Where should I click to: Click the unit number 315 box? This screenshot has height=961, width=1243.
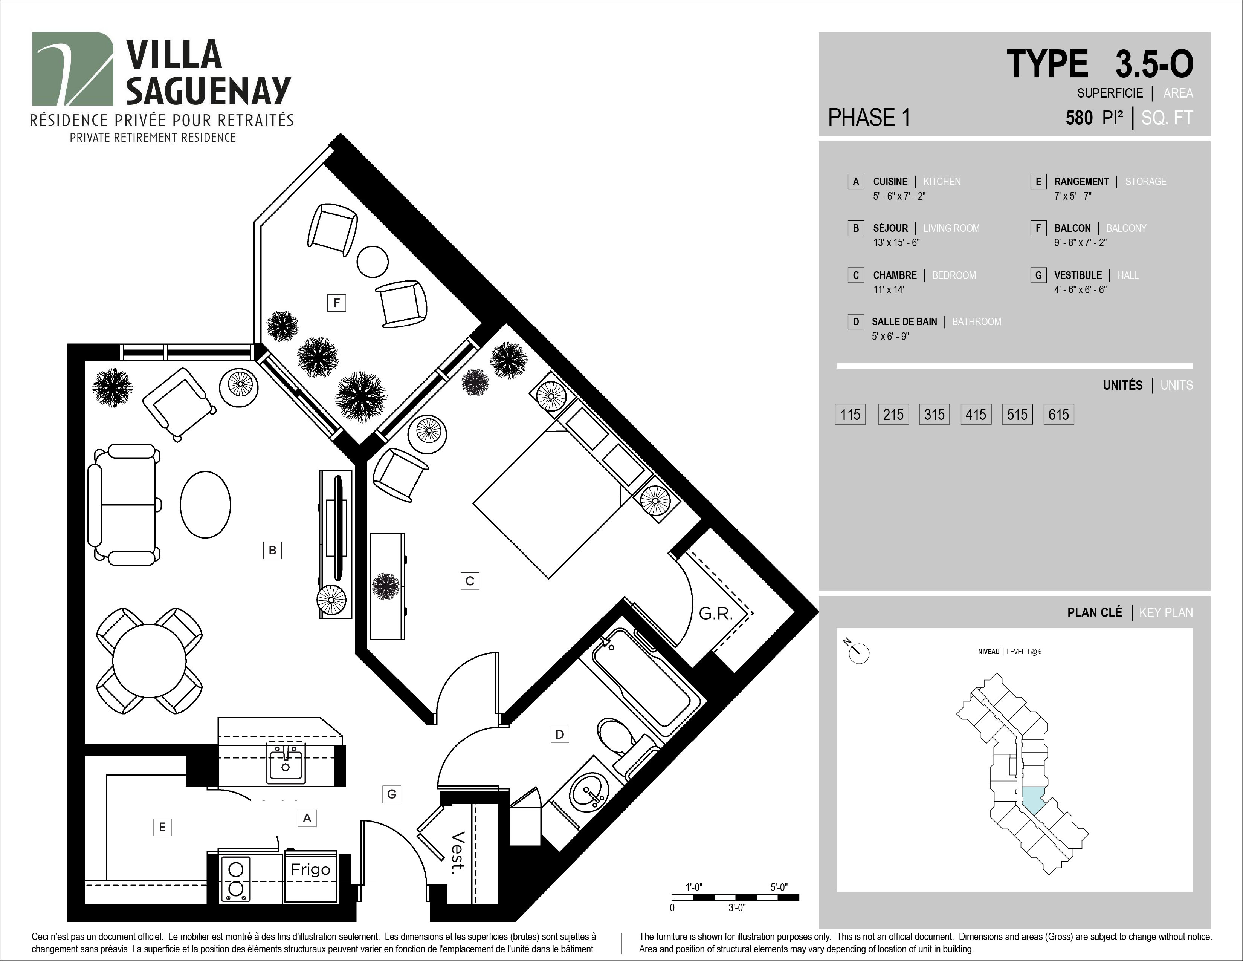pyautogui.click(x=934, y=415)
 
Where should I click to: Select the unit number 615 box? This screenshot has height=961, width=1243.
pyautogui.click(x=1058, y=415)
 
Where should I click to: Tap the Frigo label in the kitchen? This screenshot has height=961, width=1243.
pyautogui.click(x=310, y=869)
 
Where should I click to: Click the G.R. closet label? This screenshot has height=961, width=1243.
pyautogui.click(x=715, y=614)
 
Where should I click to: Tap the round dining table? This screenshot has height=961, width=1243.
pyautogui.click(x=149, y=661)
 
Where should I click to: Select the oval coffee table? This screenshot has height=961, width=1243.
pyautogui.click(x=205, y=504)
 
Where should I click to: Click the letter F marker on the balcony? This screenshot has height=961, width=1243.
pyautogui.click(x=336, y=303)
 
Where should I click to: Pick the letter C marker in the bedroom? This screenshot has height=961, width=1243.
pyautogui.click(x=470, y=581)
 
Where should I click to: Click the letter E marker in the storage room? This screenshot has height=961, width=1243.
pyautogui.click(x=162, y=826)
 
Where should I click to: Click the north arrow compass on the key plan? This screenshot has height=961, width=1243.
pyautogui.click(x=859, y=652)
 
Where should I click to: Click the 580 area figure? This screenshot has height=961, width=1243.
pyautogui.click(x=1079, y=118)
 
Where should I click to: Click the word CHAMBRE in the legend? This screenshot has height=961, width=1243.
pyautogui.click(x=895, y=275)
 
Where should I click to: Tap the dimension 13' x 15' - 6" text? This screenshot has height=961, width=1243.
pyautogui.click(x=896, y=243)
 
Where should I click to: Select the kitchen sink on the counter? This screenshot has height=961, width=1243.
pyautogui.click(x=286, y=764)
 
